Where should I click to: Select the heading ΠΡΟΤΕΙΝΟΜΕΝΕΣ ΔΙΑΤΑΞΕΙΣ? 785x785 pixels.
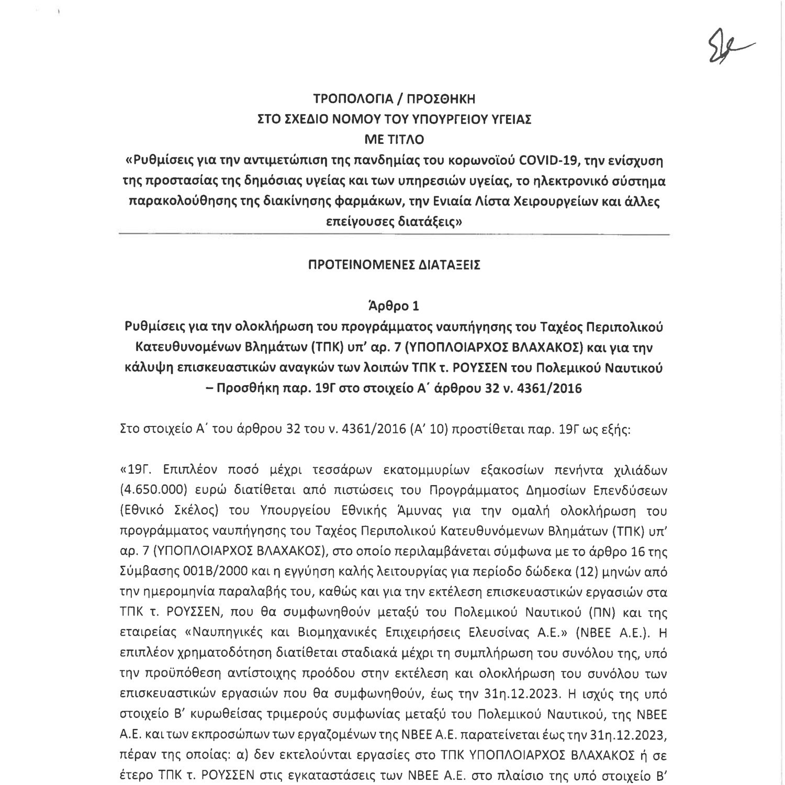tap(394, 265)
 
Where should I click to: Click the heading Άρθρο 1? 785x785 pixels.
tap(394, 306)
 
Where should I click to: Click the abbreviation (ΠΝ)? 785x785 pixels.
tap(603, 613)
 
